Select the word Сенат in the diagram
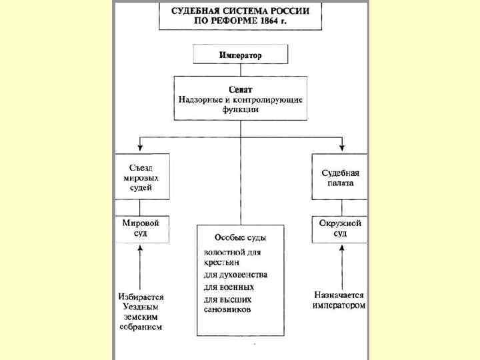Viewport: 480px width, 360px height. (240, 89)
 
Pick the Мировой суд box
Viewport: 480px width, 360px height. (141, 229)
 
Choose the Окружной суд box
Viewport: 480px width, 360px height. (340, 229)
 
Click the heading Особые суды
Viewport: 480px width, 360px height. (240, 237)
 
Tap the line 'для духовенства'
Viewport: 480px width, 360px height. (235, 275)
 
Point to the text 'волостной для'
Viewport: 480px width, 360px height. (232, 253)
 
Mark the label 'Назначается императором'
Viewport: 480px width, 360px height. (340, 299)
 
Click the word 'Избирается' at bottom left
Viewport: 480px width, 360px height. (141, 297)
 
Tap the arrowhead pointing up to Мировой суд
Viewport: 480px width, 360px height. (141, 248)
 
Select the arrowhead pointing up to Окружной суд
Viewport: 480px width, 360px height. (341, 248)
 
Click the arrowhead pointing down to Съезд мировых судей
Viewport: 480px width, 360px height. (140, 146)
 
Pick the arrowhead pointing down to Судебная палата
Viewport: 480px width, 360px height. (341, 146)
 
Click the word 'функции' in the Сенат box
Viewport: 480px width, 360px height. (240, 109)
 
